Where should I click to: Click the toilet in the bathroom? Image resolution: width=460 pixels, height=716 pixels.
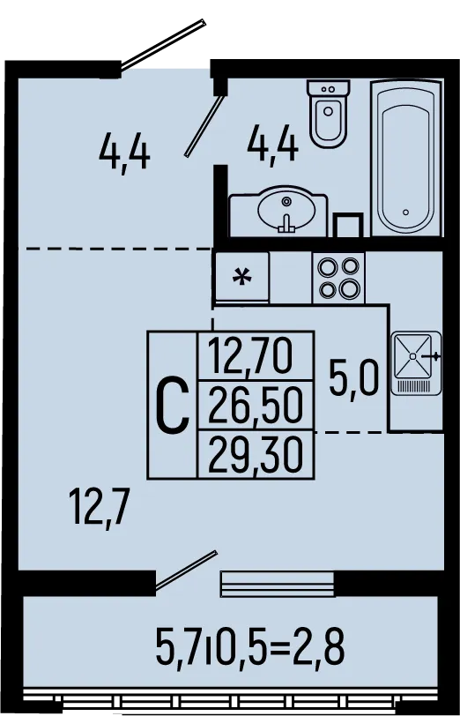pyautogui.click(x=328, y=113)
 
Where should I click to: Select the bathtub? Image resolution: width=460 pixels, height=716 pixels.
pyautogui.click(x=406, y=158)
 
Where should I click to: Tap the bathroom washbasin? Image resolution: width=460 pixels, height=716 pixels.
pyautogui.click(x=278, y=212)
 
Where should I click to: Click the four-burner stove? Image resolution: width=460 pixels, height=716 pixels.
pyautogui.click(x=338, y=278)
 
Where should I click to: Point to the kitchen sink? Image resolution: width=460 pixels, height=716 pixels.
pyautogui.click(x=416, y=363)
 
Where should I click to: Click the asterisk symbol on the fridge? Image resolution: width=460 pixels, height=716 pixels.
pyautogui.click(x=241, y=277)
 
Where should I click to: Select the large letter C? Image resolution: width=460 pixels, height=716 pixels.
pyautogui.click(x=173, y=406)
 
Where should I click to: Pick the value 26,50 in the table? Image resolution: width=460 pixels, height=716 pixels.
pyautogui.click(x=256, y=405)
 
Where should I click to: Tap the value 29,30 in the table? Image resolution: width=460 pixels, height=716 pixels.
pyautogui.click(x=256, y=454)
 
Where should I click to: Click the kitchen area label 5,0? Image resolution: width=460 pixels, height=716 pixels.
pyautogui.click(x=353, y=378)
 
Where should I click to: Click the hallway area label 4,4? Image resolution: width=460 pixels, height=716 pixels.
pyautogui.click(x=124, y=151)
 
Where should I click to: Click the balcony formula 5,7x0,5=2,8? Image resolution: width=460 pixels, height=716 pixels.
pyautogui.click(x=249, y=645)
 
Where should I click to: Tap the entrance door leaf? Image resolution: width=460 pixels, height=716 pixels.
pyautogui.click(x=163, y=44)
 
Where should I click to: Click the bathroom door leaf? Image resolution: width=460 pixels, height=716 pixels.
pyautogui.click(x=204, y=125)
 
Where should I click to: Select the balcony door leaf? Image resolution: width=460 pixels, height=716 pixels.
pyautogui.click(x=186, y=570)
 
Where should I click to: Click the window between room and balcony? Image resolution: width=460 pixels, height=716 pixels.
pyautogui.click(x=277, y=584)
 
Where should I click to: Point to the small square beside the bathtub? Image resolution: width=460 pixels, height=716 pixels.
pyautogui.click(x=348, y=225)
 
